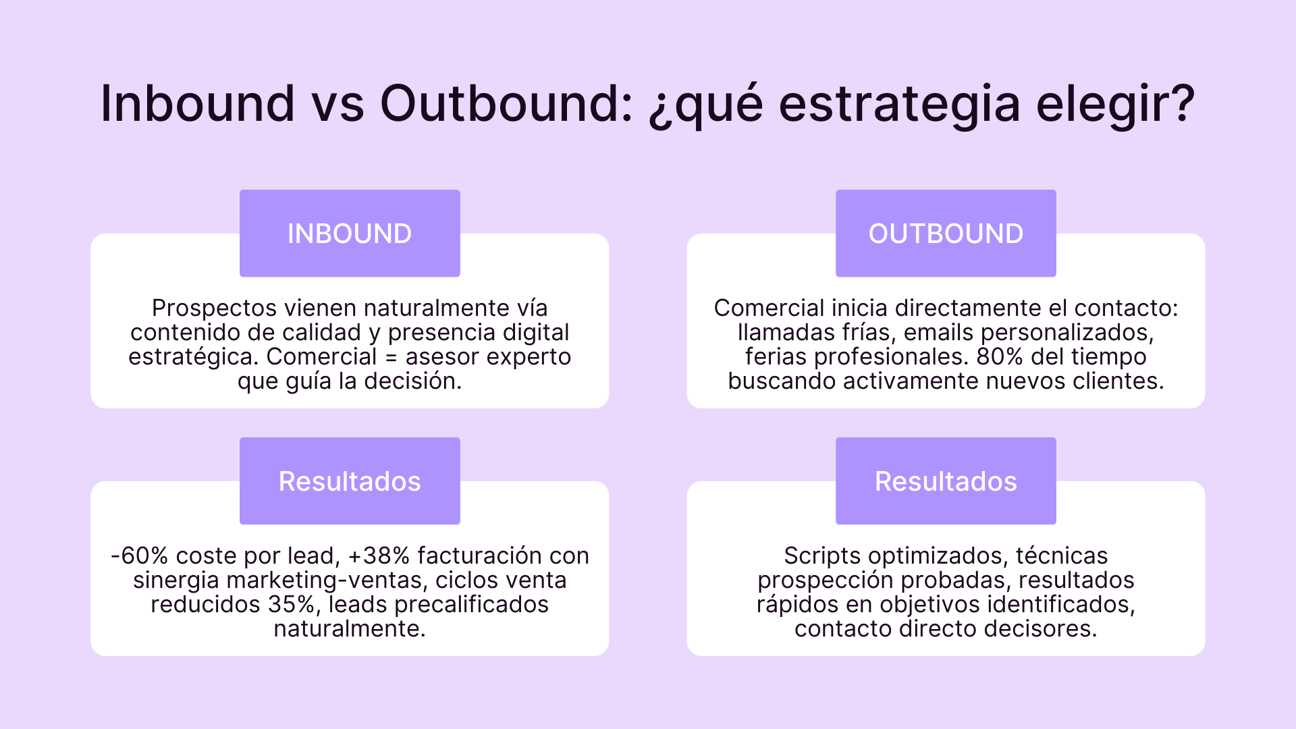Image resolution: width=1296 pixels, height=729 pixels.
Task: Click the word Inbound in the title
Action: [x=197, y=104]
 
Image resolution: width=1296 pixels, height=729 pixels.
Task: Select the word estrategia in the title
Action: [x=899, y=105]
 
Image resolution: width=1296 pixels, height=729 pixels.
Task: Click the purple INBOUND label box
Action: [x=350, y=234]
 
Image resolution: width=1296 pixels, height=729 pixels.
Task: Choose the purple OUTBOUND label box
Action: [x=946, y=234]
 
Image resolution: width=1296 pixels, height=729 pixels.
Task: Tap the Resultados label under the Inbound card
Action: [x=350, y=481]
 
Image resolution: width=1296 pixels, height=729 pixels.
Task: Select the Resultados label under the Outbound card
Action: [x=946, y=481]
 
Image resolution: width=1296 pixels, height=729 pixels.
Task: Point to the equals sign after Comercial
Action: [x=391, y=357]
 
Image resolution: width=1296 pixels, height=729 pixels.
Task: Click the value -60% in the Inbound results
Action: [x=139, y=556]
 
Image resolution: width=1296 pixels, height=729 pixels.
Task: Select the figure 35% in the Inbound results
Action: [x=291, y=604]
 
